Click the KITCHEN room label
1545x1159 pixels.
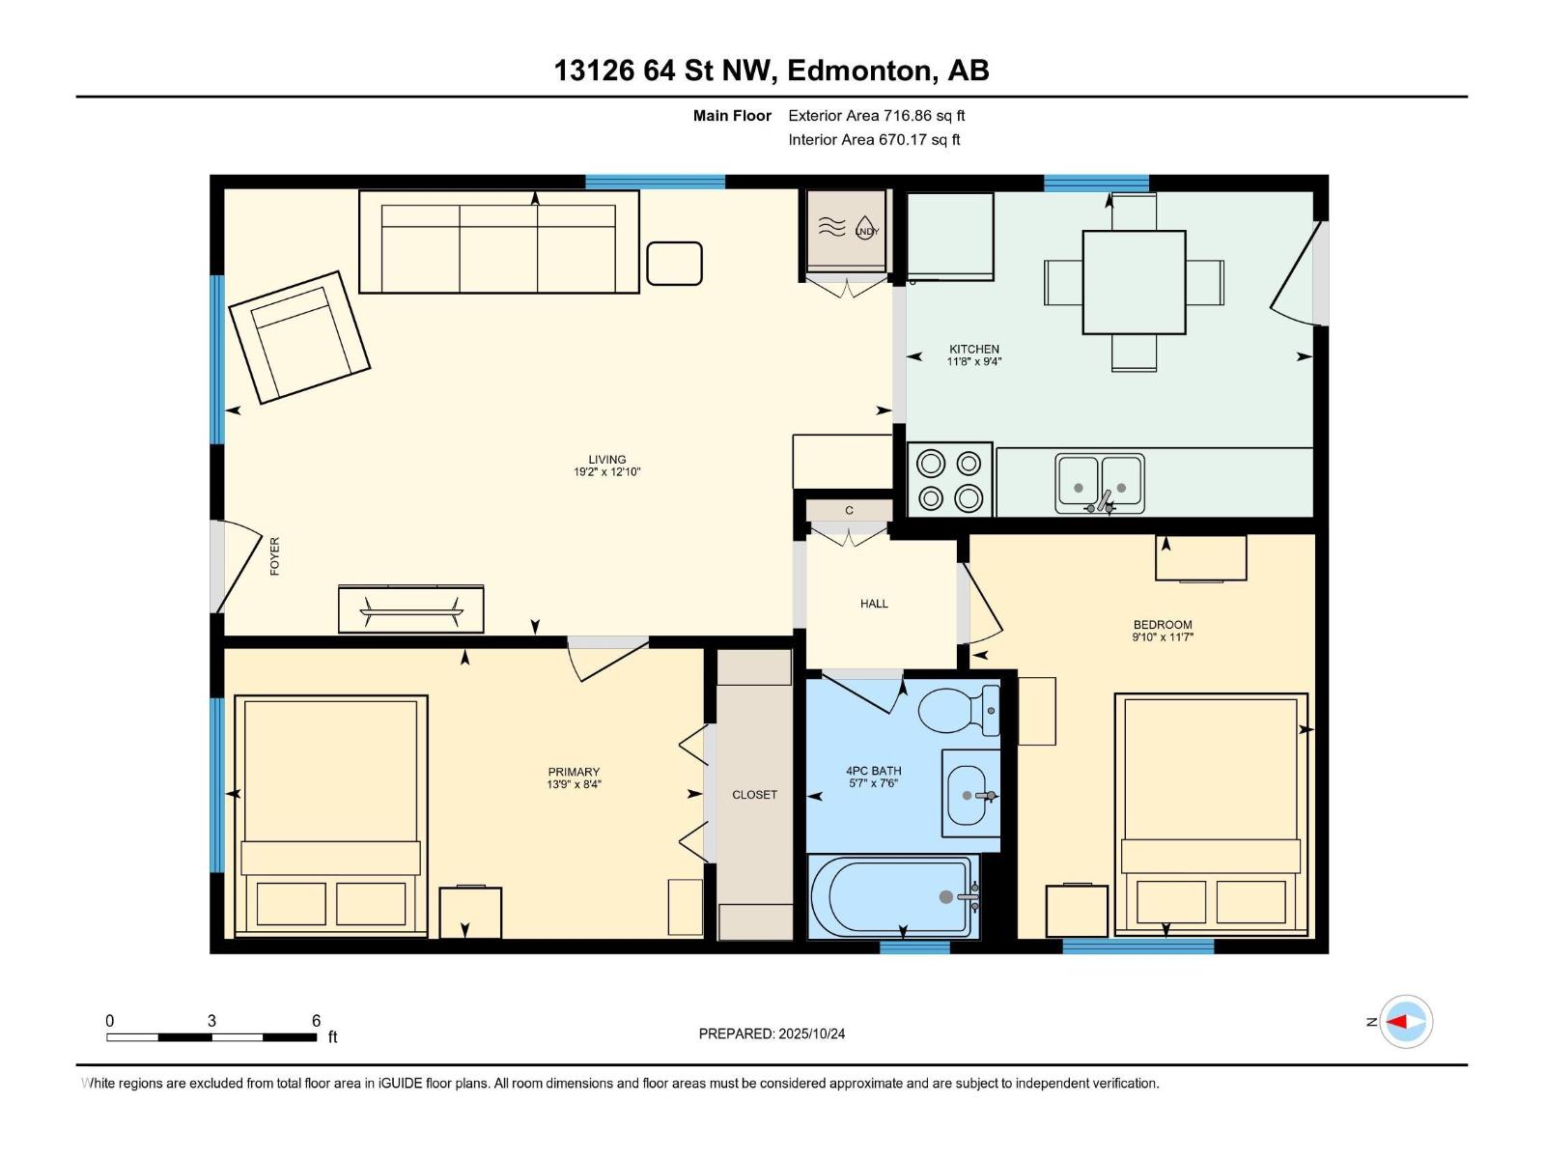click(x=973, y=349)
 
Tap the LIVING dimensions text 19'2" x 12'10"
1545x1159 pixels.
click(x=606, y=472)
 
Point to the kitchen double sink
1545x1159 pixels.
click(x=1099, y=482)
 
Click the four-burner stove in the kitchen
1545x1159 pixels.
click(x=949, y=480)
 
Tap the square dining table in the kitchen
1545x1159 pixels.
click(x=1134, y=282)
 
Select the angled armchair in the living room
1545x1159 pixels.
click(x=299, y=336)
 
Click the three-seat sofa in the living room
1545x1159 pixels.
click(x=498, y=241)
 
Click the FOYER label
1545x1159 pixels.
click(x=274, y=556)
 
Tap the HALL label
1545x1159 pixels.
click(x=874, y=604)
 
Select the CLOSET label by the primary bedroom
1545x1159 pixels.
click(x=754, y=795)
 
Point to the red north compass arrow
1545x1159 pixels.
click(x=1398, y=1022)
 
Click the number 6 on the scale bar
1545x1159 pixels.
click(x=316, y=1021)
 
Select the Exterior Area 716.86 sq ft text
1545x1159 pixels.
click(x=876, y=116)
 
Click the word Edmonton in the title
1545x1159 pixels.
click(x=861, y=71)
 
